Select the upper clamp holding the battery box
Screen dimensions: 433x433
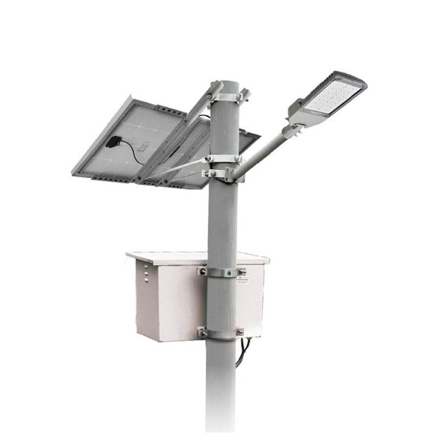[x=223, y=271]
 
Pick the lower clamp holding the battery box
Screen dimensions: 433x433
[x=222, y=332]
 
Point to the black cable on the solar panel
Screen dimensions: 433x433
[x=130, y=152]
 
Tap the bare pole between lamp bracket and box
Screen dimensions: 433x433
[x=223, y=222]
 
